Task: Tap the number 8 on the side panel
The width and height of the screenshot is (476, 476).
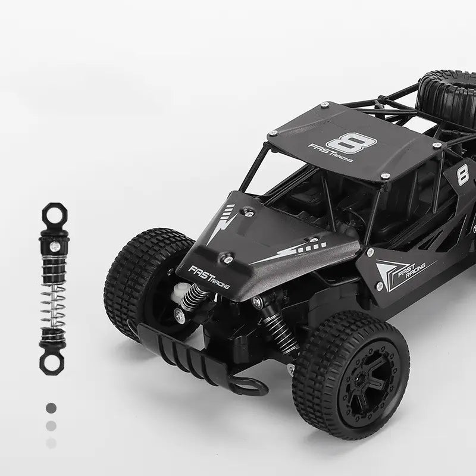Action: pyautogui.click(x=462, y=176)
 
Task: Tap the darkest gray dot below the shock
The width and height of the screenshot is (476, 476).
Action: pyautogui.click(x=51, y=408)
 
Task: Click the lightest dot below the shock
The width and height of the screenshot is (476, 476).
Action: pyautogui.click(x=51, y=443)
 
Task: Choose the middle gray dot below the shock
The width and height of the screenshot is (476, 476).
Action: pyautogui.click(x=51, y=425)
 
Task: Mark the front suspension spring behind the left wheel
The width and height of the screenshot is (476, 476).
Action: pyautogui.click(x=197, y=295)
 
